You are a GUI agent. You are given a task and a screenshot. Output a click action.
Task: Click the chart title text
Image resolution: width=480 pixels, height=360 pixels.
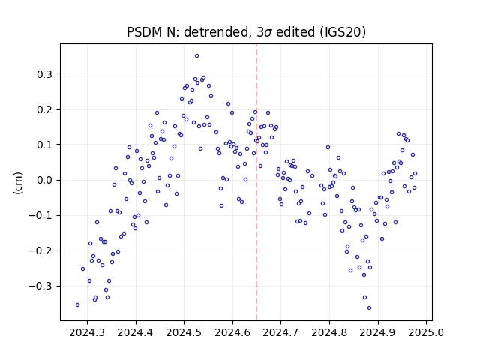246,32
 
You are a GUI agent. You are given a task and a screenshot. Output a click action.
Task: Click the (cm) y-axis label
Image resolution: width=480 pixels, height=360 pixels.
18,183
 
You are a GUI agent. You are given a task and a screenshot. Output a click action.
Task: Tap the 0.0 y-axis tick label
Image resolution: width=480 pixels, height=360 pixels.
44,180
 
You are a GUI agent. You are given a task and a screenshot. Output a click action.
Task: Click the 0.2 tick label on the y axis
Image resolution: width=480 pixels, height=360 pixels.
44,109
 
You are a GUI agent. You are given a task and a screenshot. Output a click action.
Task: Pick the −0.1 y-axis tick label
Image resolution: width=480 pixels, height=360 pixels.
40,216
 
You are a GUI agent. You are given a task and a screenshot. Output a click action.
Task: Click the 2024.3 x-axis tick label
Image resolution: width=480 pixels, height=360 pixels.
87,332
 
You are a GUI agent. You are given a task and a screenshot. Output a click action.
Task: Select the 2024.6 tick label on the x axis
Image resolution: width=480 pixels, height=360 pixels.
232,332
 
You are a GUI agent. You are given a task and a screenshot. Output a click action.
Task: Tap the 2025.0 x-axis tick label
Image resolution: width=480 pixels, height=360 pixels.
426,332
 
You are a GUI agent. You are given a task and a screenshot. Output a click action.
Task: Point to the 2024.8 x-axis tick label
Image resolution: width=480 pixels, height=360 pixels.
329,332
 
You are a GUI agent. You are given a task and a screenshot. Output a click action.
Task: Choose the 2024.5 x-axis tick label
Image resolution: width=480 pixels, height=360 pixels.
184,332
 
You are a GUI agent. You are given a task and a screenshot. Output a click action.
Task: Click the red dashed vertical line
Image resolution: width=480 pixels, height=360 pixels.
256,182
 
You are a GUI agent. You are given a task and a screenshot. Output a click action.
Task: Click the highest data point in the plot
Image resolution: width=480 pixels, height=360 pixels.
196,56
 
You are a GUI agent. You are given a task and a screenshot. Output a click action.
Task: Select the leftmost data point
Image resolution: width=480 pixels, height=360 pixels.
77,305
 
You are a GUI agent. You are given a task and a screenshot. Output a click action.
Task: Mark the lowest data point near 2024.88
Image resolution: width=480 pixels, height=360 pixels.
369,308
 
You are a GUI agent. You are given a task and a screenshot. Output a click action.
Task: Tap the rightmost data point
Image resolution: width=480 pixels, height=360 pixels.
415,174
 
